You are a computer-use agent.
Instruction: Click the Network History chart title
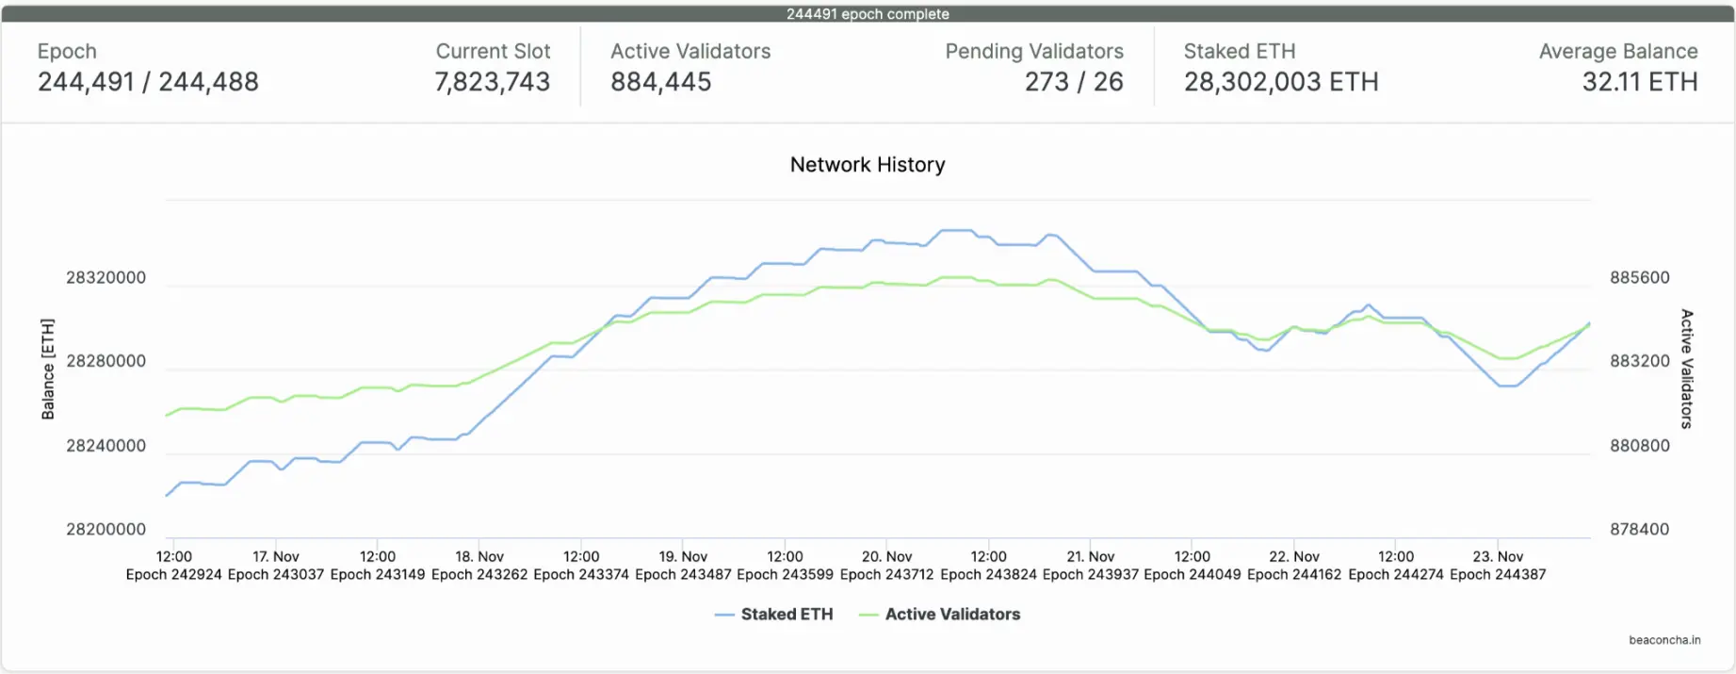[868, 165]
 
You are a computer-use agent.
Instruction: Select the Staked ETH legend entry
[786, 615]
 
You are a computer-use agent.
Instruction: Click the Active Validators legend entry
[951, 615]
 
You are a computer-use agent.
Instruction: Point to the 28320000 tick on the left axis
[105, 278]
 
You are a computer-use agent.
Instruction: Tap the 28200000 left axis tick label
[105, 530]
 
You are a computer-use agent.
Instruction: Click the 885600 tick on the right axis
[1639, 278]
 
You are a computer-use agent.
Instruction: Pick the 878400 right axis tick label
[1639, 530]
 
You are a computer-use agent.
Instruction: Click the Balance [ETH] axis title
[48, 369]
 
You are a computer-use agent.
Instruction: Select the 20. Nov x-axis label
[886, 557]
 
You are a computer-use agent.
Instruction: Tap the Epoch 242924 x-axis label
[174, 575]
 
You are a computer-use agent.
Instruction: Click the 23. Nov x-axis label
[1498, 557]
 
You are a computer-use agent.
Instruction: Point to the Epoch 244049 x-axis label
[1192, 575]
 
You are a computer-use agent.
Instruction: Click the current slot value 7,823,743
[492, 83]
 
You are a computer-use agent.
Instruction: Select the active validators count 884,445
[660, 83]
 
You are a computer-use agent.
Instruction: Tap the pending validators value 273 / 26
[1074, 83]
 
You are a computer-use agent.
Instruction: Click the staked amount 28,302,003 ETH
[1281, 83]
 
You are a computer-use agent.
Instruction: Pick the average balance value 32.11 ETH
[1640, 83]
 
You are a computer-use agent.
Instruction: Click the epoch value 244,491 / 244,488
[148, 83]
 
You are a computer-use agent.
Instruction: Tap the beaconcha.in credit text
[1664, 640]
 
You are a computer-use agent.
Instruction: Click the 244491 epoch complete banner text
[868, 14]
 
